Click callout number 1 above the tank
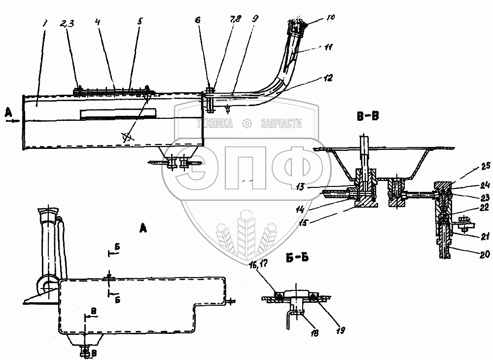pyautogui.click(x=45, y=23)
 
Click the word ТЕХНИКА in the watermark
pyautogui.click(x=215, y=125)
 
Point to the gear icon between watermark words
pyautogui.click(x=246, y=124)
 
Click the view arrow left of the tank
pyautogui.click(x=14, y=119)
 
